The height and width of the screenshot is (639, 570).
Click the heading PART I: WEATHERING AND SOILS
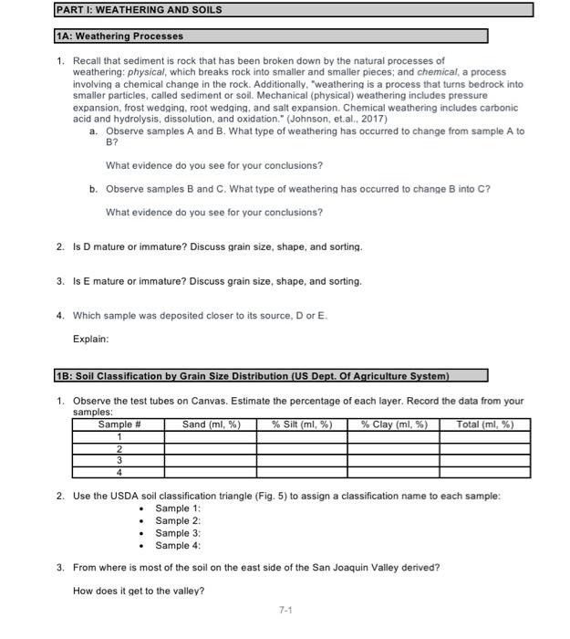tap(137, 9)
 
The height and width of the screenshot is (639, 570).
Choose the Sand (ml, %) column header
tap(211, 424)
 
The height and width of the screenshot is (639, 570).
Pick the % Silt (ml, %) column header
tap(302, 424)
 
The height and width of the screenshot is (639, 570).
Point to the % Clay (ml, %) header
tap(394, 424)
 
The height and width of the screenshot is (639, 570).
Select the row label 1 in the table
tap(119, 436)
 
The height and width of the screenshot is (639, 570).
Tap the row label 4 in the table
tap(119, 472)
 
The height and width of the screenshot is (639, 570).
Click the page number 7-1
tap(285, 610)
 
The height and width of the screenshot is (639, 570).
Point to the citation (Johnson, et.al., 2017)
tap(337, 119)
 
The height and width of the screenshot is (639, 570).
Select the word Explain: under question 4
tap(91, 339)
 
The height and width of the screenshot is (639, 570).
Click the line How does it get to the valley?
tap(139, 591)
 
